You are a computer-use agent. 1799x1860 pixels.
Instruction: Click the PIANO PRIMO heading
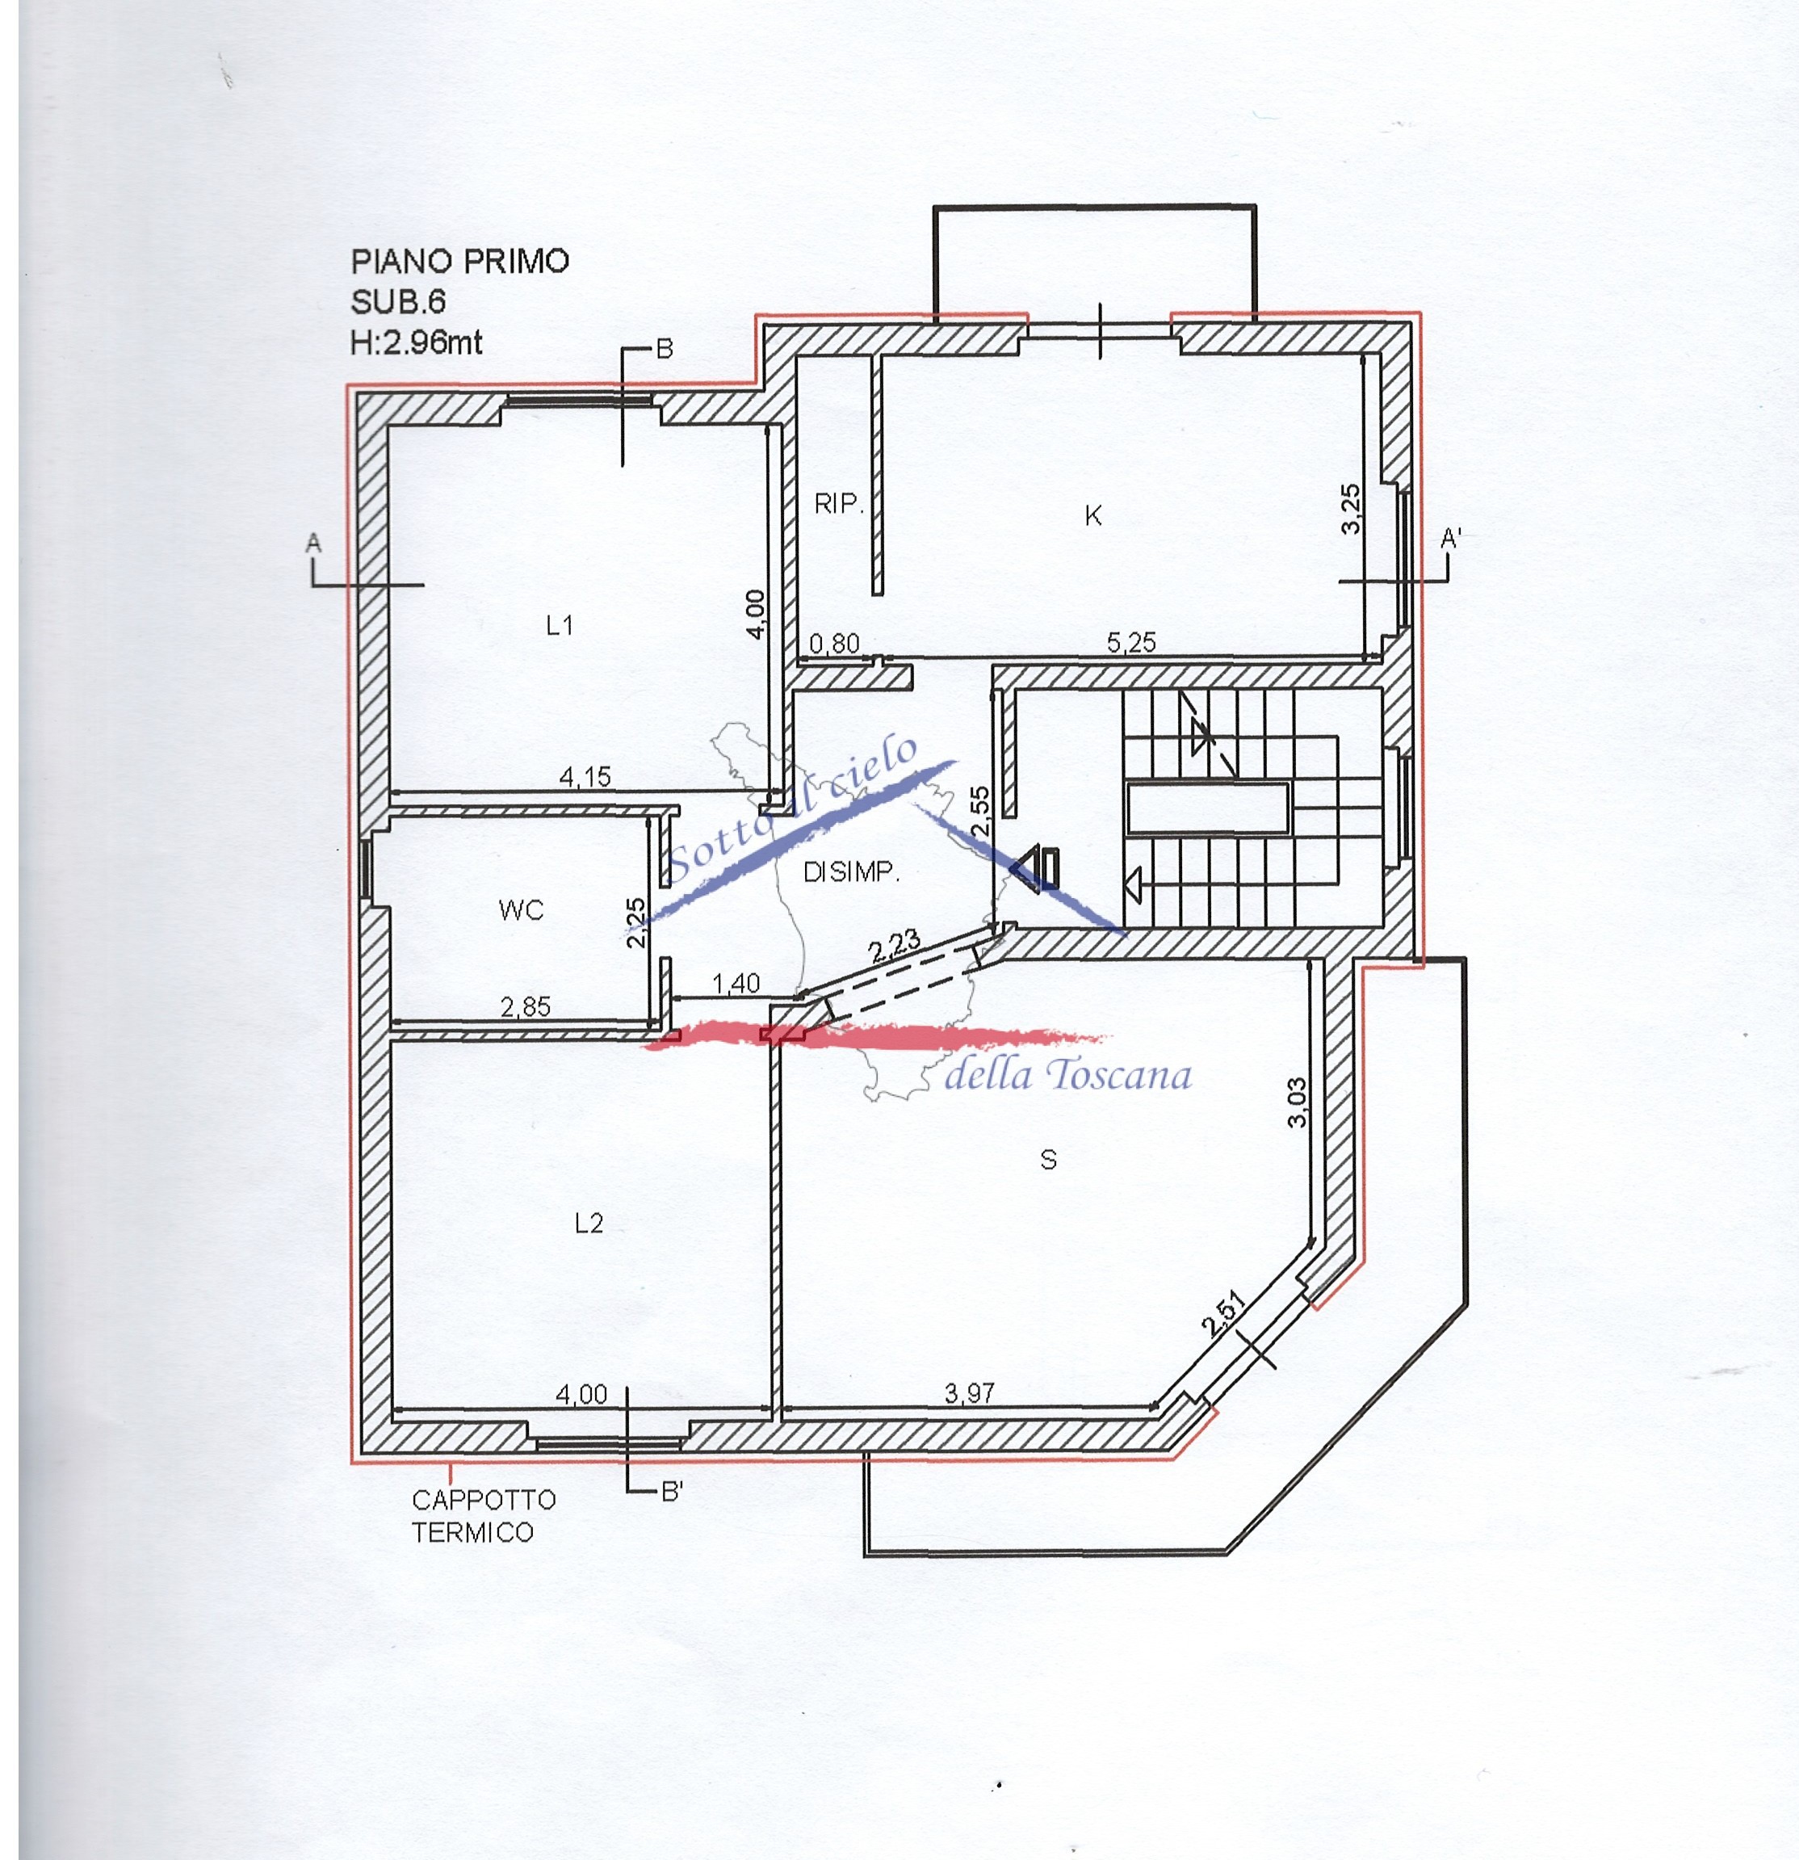(460, 261)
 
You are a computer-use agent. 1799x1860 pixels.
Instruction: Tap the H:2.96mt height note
(417, 342)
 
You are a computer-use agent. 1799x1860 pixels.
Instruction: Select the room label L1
(560, 624)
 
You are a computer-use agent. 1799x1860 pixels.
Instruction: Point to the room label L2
(589, 1224)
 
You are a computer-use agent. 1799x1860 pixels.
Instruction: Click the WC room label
(521, 910)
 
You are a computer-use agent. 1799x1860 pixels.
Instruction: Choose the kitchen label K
(1093, 515)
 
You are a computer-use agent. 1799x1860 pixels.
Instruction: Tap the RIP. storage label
(839, 503)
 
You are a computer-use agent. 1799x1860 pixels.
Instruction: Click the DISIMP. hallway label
(851, 871)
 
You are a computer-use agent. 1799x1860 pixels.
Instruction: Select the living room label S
(1048, 1160)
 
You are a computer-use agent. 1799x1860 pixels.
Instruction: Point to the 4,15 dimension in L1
(585, 777)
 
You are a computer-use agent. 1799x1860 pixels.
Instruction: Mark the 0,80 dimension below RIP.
(834, 644)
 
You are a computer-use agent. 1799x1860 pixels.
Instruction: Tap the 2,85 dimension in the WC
(526, 1006)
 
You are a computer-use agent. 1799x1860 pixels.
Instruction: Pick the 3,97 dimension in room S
(970, 1393)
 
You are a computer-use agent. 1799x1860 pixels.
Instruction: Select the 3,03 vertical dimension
(1297, 1102)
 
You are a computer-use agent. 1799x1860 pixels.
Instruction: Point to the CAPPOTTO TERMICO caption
(484, 1515)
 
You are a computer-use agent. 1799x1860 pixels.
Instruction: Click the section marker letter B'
(672, 1492)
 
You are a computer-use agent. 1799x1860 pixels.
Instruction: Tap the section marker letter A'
(1451, 539)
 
